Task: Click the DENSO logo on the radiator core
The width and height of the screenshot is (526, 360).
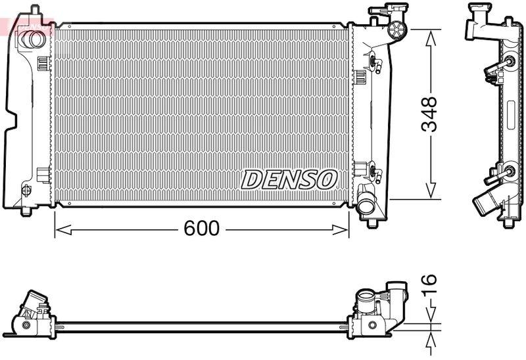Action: click(289, 179)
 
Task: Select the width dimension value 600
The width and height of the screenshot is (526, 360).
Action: click(201, 229)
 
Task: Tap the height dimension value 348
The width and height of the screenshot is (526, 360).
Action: click(429, 114)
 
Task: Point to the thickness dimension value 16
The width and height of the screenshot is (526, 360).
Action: click(429, 284)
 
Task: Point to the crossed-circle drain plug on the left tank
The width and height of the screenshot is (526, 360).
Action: click(26, 191)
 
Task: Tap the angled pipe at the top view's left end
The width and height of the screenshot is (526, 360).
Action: click(34, 305)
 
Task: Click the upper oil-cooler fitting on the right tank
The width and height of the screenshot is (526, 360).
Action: click(375, 63)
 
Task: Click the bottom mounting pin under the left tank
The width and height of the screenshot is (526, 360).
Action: click(26, 212)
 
